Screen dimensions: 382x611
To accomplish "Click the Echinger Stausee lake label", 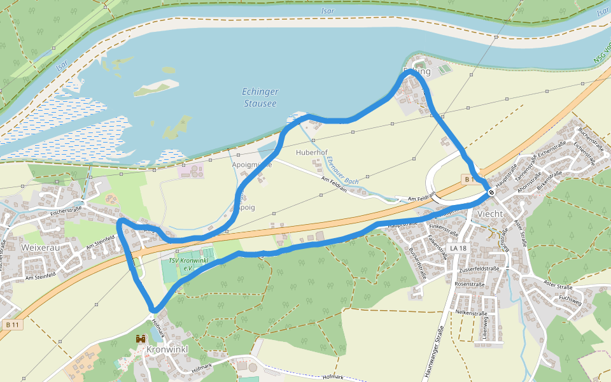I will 260,97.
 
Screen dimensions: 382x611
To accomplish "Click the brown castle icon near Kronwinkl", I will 141,339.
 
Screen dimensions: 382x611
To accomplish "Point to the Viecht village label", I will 489,214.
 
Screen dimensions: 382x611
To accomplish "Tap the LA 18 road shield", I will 456,247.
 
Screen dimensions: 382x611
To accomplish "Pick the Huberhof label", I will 312,153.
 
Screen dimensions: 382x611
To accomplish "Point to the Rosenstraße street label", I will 470,284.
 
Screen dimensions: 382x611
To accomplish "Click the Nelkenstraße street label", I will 472,313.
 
